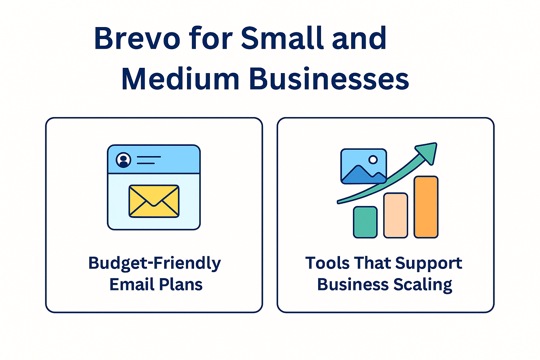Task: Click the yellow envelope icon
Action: pos(154,201)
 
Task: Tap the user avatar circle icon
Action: pos(123,160)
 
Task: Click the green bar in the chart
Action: pos(365,222)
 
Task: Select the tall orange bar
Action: pos(426,207)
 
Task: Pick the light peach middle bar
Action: pos(396,215)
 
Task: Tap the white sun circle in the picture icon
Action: pos(373,160)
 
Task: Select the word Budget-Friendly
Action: pos(155,263)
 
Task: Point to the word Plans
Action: pos(181,284)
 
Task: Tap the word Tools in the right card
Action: pos(327,263)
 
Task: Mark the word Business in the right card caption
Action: pos(353,284)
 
